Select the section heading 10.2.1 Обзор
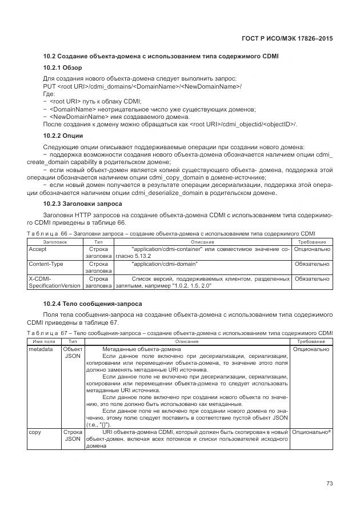click(63, 67)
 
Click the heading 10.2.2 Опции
click(63, 136)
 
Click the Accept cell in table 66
click(38, 249)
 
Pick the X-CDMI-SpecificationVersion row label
click(55, 282)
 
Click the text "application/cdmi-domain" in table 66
click(165, 264)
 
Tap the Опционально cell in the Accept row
click(312, 249)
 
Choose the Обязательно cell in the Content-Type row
click(312, 264)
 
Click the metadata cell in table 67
click(41, 349)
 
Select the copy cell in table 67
click(35, 432)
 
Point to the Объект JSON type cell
click(73, 352)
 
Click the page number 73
click(329, 483)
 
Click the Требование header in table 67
click(312, 341)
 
